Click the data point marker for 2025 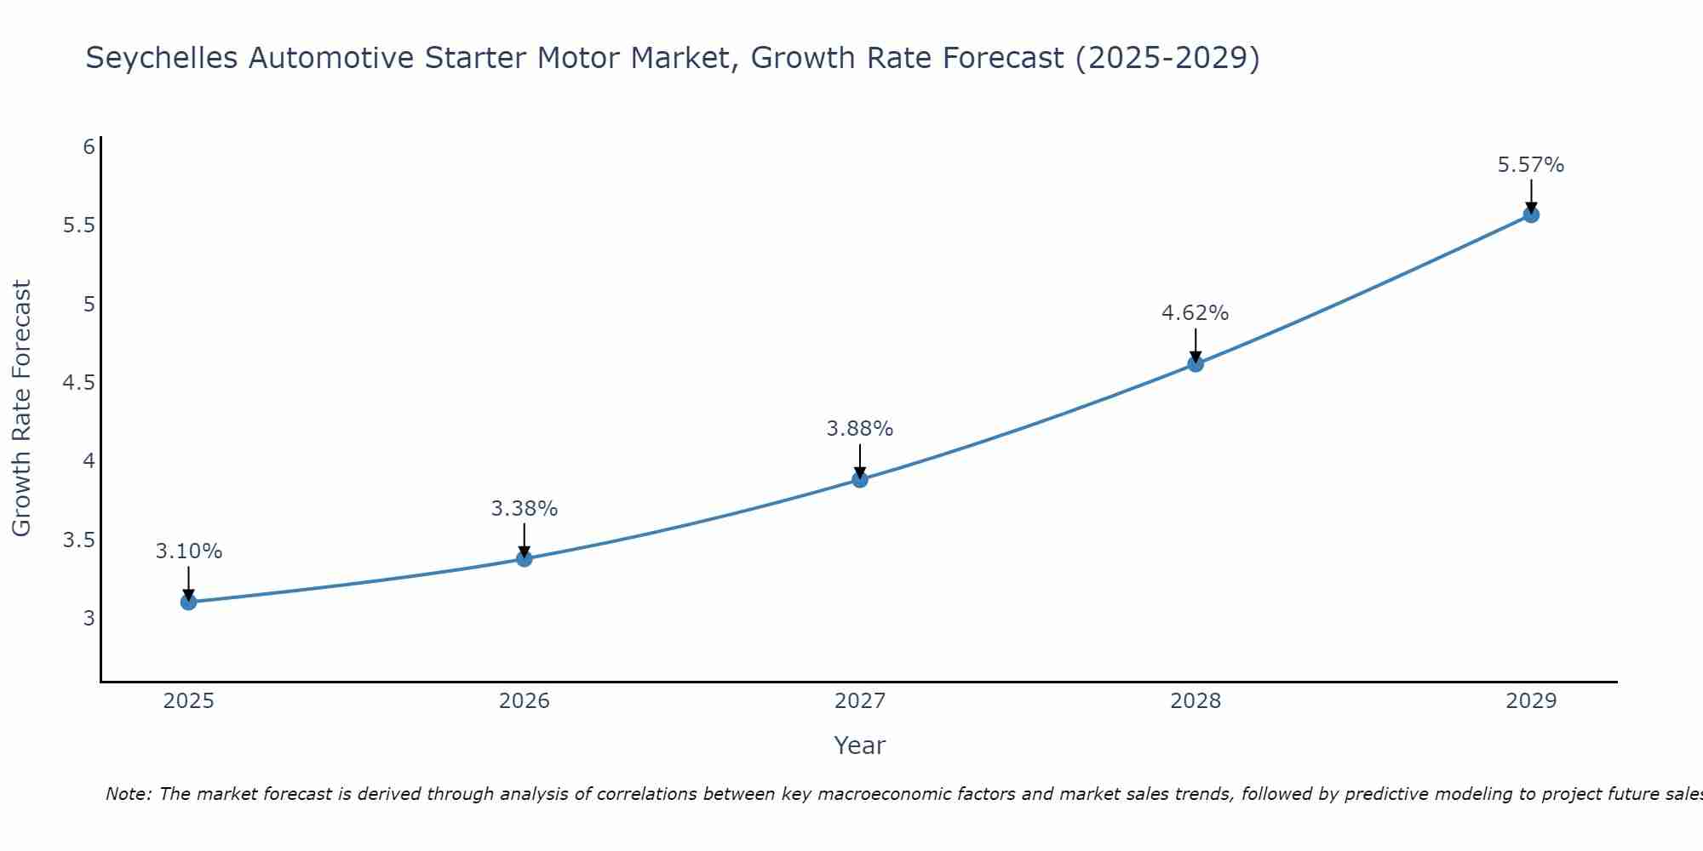[x=188, y=602]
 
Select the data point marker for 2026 [x=525, y=558]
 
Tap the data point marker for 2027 [x=860, y=479]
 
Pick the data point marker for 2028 [x=1196, y=363]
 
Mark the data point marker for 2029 [x=1531, y=214]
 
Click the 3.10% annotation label [x=188, y=551]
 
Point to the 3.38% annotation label [x=525, y=509]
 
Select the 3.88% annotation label [x=860, y=429]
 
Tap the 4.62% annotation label [x=1196, y=313]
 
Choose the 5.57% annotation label [x=1531, y=165]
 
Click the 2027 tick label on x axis [x=860, y=701]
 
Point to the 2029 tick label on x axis [x=1531, y=701]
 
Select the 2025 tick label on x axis [x=188, y=701]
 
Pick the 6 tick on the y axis [x=89, y=147]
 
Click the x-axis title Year [x=860, y=745]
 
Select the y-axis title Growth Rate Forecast [x=21, y=408]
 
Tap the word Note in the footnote [x=128, y=794]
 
